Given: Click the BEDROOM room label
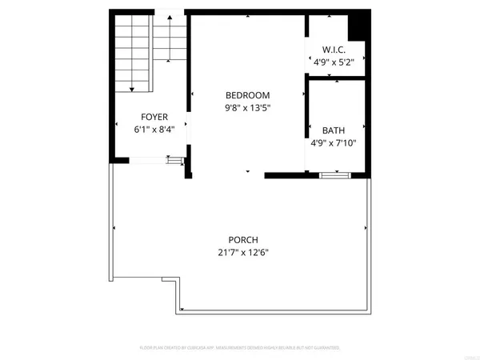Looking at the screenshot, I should tap(247, 95).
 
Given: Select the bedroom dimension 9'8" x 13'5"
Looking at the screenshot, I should tap(247, 108).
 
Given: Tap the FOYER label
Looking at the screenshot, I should tap(154, 116).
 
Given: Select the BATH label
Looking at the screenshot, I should tap(334, 130).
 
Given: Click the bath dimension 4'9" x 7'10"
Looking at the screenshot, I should tap(334, 143).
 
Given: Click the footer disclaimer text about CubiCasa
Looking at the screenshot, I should tap(240, 348).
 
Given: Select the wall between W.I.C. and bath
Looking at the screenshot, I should tap(336, 77).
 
